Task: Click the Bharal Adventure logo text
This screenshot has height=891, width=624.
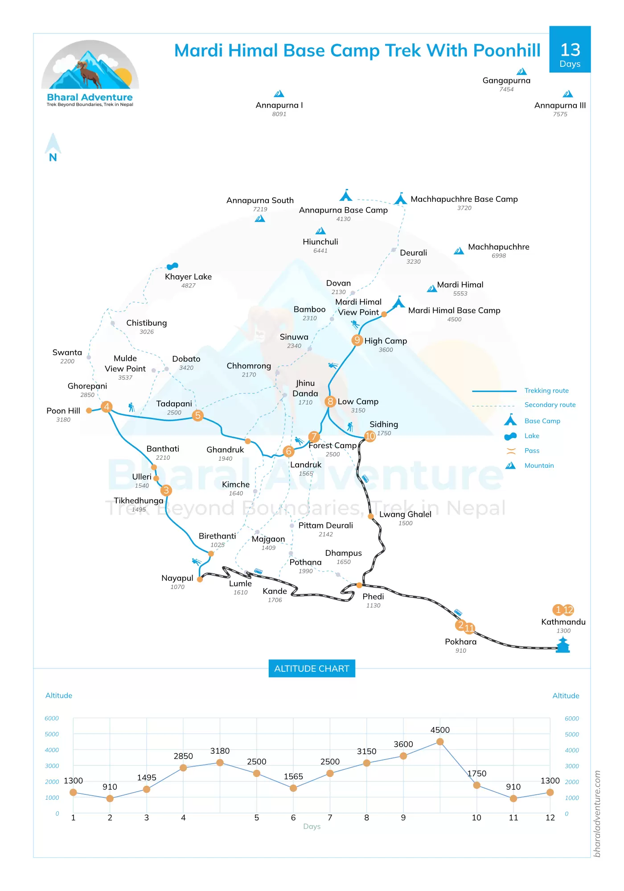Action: [x=90, y=98]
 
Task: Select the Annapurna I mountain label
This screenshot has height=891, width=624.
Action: [x=279, y=105]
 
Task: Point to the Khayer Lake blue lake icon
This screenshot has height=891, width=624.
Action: [x=172, y=266]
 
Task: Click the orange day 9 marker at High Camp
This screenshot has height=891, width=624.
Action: [x=357, y=340]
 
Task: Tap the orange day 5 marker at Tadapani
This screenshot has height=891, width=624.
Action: [x=198, y=415]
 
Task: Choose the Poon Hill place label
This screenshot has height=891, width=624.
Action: [x=63, y=411]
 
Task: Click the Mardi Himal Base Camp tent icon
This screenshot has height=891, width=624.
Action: [x=398, y=302]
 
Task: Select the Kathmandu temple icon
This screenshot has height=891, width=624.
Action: [x=563, y=645]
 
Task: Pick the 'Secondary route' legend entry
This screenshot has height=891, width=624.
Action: [x=550, y=405]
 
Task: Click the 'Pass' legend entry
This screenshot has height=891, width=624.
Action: [x=532, y=451]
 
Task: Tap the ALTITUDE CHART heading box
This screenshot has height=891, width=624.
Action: [x=312, y=669]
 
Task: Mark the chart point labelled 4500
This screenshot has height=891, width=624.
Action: [x=440, y=742]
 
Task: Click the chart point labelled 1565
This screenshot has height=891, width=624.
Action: [x=293, y=788]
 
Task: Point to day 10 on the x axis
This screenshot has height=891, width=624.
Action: [x=476, y=818]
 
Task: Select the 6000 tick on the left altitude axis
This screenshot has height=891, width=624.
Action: [x=52, y=719]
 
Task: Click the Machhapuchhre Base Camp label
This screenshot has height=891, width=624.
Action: [x=464, y=199]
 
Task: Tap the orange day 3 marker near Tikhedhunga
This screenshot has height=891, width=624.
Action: [x=166, y=490]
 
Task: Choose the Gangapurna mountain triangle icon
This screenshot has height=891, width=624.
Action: [x=521, y=72]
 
